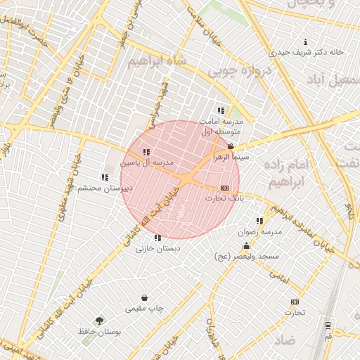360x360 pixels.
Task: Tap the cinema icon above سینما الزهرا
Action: pyautogui.click(x=231, y=147)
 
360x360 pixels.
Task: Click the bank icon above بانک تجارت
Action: pyautogui.click(x=224, y=188)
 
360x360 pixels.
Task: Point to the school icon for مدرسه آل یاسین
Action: pyautogui.click(x=146, y=152)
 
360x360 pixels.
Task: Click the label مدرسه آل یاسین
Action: pyautogui.click(x=146, y=162)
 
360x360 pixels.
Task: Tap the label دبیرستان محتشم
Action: pyautogui.click(x=105, y=188)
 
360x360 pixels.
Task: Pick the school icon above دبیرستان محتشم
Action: pyautogui.click(x=105, y=177)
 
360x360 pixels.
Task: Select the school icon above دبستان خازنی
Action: pyautogui.click(x=157, y=238)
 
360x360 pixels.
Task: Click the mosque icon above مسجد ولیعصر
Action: pyautogui.click(x=246, y=246)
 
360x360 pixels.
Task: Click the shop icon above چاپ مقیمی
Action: pyautogui.click(x=145, y=297)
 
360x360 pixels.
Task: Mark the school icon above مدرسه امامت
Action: pyautogui.click(x=221, y=110)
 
